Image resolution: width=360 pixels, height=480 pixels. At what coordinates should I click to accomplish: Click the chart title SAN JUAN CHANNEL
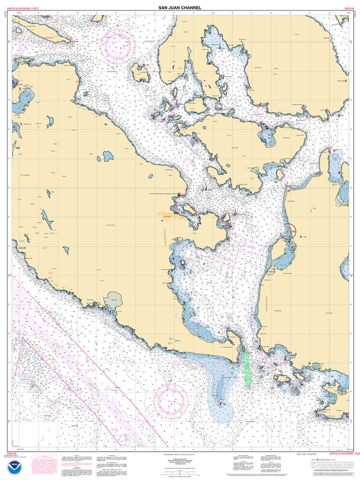point(180,7)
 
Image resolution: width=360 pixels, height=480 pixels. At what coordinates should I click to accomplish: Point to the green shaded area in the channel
point(247,367)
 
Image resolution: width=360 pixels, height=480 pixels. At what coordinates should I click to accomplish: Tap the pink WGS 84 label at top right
point(349,8)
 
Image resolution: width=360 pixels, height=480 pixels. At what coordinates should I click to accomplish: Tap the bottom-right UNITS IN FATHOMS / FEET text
point(341,454)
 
